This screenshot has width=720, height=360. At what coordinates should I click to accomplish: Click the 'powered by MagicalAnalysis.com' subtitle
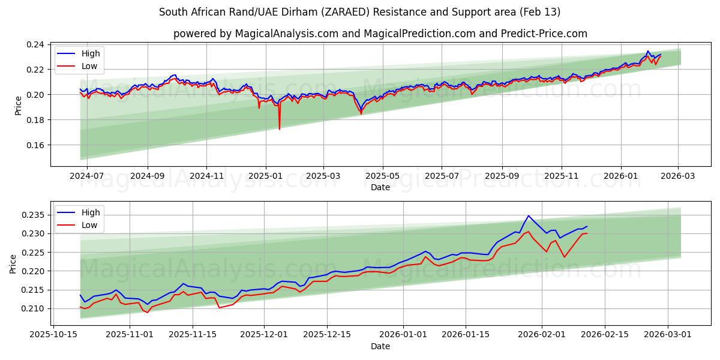tap(380, 34)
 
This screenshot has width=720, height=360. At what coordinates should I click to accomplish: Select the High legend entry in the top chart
tap(90, 53)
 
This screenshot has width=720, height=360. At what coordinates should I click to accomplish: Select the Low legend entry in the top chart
tap(89, 66)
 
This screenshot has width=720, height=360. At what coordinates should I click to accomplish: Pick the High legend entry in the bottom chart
tap(90, 212)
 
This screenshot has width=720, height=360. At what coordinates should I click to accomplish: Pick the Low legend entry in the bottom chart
tap(89, 225)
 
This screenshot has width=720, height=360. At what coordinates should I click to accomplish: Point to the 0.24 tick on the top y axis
tap(36, 44)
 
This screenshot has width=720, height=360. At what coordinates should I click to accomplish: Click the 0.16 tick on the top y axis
tap(36, 145)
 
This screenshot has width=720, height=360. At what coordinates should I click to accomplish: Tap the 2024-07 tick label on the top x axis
tap(88, 176)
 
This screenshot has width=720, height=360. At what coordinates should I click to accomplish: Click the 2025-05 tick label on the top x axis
tap(382, 176)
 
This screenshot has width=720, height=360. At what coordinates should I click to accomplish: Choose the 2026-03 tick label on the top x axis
tap(678, 176)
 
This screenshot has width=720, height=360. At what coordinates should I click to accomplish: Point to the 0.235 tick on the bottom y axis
tap(34, 215)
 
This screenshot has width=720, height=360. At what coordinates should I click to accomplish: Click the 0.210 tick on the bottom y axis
tap(34, 308)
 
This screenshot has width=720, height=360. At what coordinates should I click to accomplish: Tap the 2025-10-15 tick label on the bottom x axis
tap(54, 335)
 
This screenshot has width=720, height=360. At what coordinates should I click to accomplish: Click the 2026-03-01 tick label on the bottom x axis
tap(668, 335)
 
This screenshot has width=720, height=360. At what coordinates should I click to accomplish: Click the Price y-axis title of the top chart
tap(18, 106)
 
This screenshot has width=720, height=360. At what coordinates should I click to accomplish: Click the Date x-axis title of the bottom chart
tap(380, 346)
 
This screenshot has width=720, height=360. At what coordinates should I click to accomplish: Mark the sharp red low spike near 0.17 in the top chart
tap(279, 128)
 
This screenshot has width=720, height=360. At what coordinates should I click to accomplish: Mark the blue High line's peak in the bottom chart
tap(528, 216)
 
